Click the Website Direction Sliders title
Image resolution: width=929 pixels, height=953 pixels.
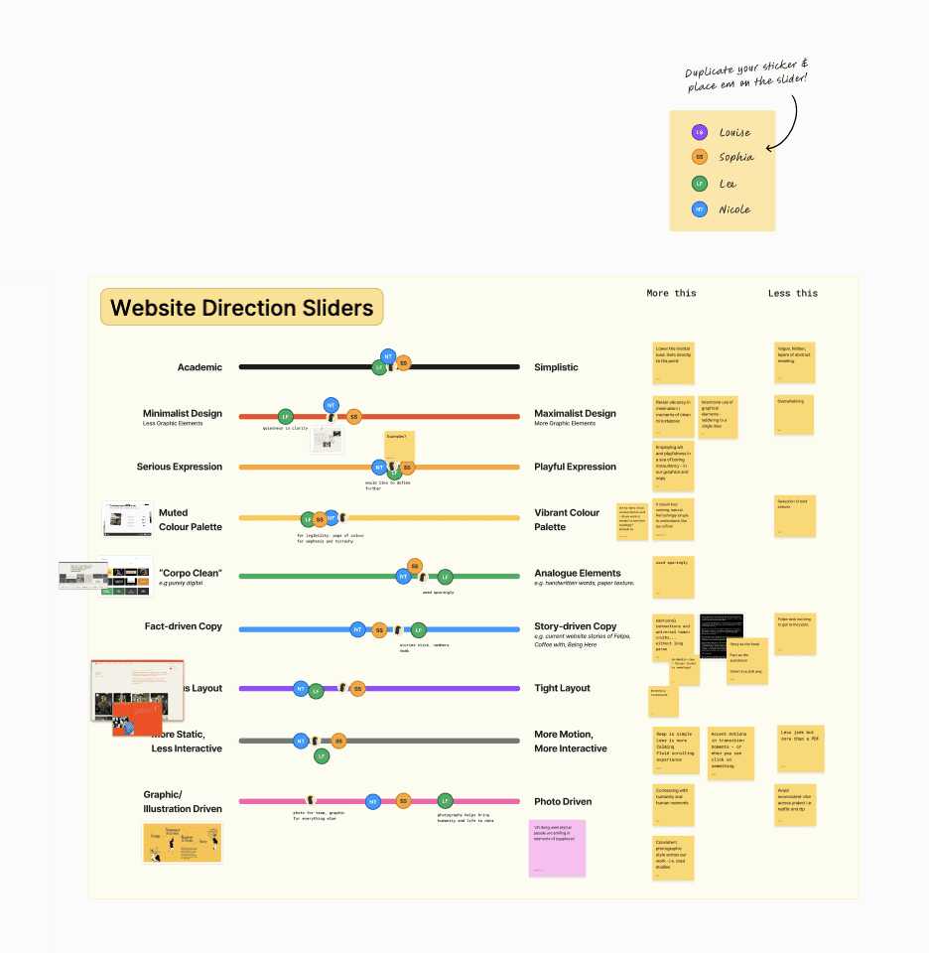click(x=241, y=308)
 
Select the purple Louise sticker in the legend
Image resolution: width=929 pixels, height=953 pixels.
click(x=700, y=132)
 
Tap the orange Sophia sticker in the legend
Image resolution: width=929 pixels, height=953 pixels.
click(x=700, y=157)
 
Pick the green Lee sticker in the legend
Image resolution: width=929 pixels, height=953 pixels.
click(x=700, y=184)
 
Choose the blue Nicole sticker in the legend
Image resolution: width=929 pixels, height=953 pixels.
click(x=700, y=209)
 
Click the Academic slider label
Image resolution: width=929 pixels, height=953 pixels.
click(x=199, y=367)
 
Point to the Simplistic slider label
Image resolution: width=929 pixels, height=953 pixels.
click(x=556, y=367)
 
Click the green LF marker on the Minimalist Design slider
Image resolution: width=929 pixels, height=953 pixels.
click(x=285, y=417)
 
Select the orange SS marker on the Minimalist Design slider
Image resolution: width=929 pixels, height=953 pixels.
click(x=353, y=417)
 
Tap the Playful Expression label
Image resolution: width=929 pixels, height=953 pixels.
click(x=575, y=467)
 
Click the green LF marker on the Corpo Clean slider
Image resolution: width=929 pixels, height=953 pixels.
click(x=446, y=576)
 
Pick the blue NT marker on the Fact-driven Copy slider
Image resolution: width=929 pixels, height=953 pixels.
click(x=357, y=629)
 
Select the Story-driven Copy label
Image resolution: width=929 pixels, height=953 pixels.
click(x=575, y=626)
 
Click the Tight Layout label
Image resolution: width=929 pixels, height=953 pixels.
click(x=562, y=688)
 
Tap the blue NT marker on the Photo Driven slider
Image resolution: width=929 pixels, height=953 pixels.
click(x=373, y=801)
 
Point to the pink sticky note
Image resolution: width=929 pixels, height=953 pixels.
click(x=557, y=848)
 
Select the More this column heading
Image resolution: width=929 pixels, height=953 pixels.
click(x=671, y=293)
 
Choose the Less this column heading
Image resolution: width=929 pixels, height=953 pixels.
click(x=792, y=293)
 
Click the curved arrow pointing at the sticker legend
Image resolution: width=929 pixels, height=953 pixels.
click(x=794, y=119)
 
